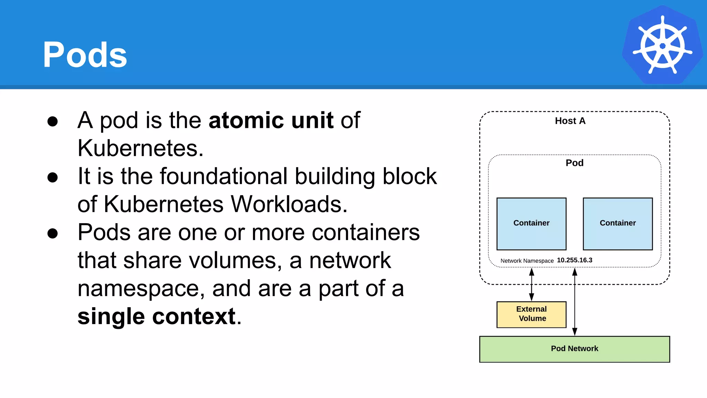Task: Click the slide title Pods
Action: coord(85,55)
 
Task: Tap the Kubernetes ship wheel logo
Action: coord(662,45)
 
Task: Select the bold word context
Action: coord(194,316)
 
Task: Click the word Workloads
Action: coord(289,204)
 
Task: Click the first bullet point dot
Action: coord(52,121)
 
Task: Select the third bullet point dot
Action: coord(52,233)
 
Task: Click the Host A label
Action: coord(570,121)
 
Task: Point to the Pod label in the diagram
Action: coord(574,163)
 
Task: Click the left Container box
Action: coord(531,224)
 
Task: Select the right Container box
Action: coord(618,224)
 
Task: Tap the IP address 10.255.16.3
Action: coord(574,260)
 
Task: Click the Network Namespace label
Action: coord(527,261)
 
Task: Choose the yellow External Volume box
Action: coord(531,314)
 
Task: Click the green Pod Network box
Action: coord(574,349)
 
